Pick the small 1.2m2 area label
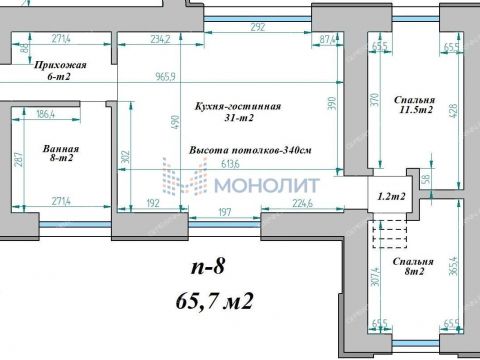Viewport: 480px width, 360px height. click(391, 197)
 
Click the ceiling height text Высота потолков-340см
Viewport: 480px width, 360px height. click(251, 149)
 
